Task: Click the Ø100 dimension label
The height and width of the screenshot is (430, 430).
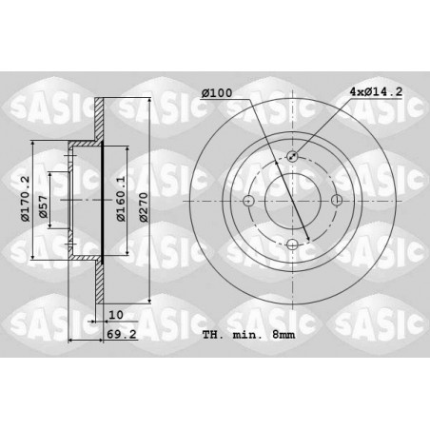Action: (217, 93)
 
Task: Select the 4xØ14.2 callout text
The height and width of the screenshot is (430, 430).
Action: (376, 92)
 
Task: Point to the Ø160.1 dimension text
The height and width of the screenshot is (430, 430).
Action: (121, 199)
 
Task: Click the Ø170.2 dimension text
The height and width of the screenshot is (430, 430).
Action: (25, 199)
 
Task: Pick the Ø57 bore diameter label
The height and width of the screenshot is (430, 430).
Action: (43, 207)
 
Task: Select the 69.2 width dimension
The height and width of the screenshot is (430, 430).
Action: (122, 334)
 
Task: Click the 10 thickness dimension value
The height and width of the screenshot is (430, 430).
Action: (116, 315)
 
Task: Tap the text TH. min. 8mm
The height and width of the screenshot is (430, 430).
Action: (248, 335)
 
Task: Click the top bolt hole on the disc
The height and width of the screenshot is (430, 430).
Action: (292, 156)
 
